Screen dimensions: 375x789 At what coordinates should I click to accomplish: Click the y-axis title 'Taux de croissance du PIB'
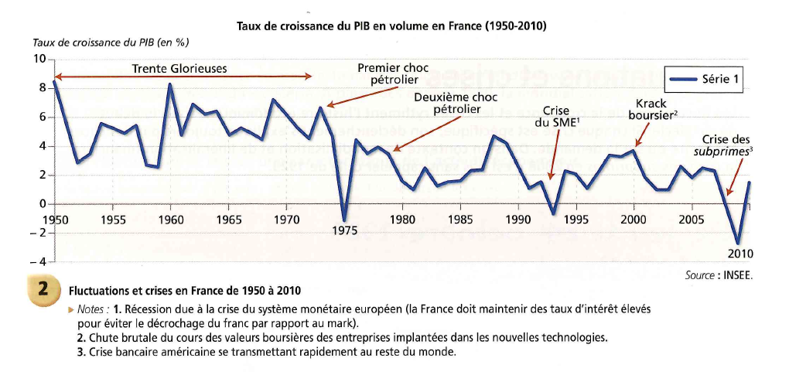[x=111, y=43]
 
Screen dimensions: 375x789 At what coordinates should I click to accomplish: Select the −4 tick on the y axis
[x=38, y=262]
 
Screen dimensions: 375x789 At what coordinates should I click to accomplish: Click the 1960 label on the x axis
[x=170, y=220]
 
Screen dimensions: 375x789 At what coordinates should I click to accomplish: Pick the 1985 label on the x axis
[x=460, y=220]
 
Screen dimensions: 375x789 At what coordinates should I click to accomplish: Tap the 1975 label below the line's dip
[x=343, y=230]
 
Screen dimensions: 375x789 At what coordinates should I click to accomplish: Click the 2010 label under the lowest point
[x=740, y=253]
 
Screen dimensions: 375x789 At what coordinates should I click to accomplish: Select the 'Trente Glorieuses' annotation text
[x=179, y=68]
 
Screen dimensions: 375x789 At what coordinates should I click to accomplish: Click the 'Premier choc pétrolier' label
[x=393, y=73]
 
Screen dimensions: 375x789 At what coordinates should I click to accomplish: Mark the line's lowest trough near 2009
[x=738, y=242]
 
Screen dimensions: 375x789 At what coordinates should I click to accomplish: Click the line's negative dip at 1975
[x=344, y=220]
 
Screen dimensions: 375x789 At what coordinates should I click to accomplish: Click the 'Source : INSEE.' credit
[x=719, y=275]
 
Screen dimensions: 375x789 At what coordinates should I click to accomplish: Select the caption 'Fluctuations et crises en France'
[x=185, y=291]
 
